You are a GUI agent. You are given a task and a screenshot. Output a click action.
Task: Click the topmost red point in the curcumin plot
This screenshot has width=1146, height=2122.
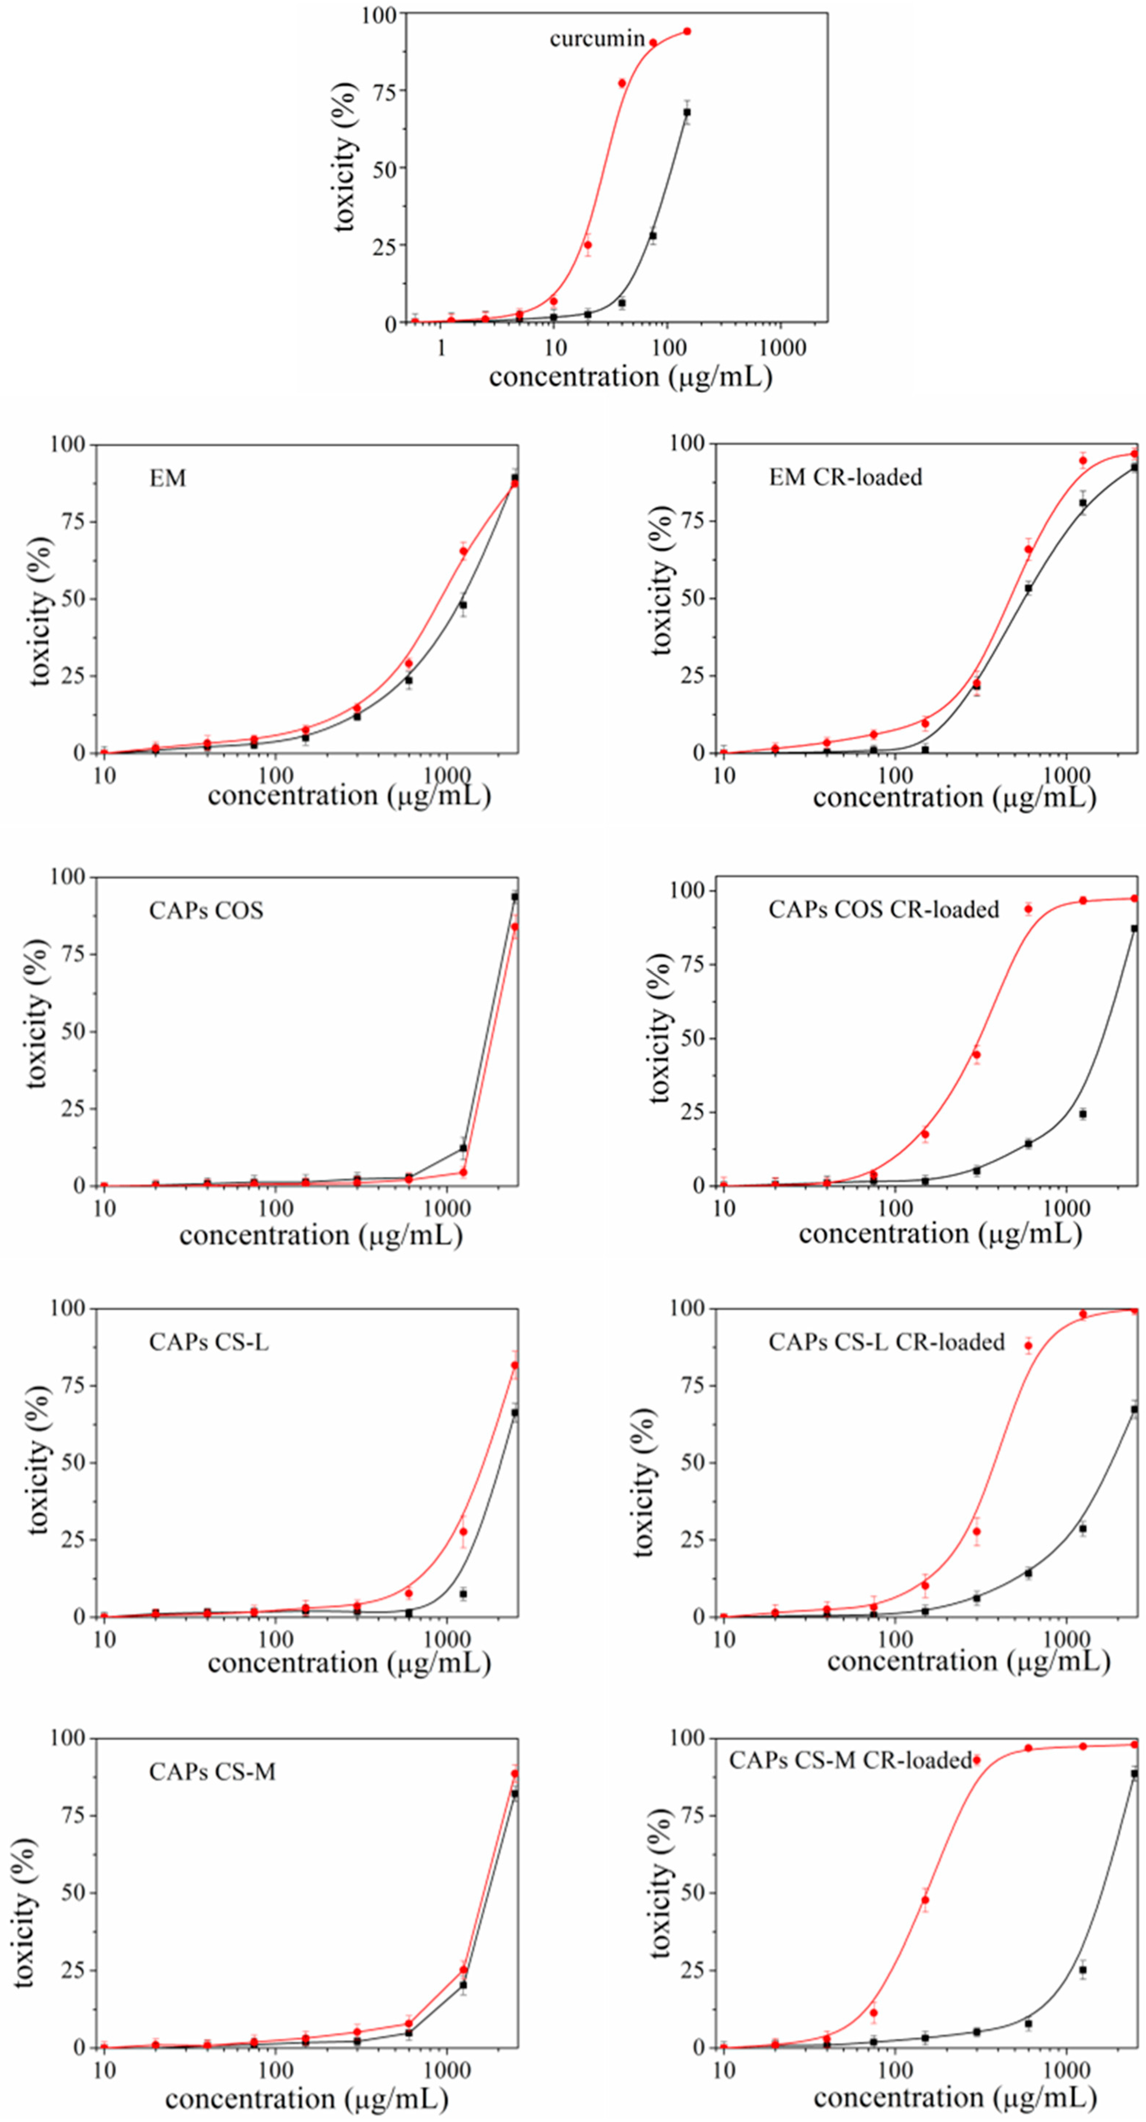(686, 31)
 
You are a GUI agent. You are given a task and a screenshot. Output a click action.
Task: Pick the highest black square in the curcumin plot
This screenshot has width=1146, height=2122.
(686, 112)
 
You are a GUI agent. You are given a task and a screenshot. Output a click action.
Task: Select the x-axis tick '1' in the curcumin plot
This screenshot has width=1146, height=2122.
(442, 348)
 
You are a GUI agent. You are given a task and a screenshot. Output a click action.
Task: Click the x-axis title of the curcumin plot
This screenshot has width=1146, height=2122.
(630, 377)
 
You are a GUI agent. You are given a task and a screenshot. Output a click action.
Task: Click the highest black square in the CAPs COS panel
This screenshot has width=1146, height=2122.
(515, 896)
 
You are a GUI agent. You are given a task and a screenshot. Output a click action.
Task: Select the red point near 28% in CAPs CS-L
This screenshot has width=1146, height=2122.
(463, 1532)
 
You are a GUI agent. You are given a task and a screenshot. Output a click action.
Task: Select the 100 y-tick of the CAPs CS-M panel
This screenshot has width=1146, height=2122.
(67, 1738)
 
